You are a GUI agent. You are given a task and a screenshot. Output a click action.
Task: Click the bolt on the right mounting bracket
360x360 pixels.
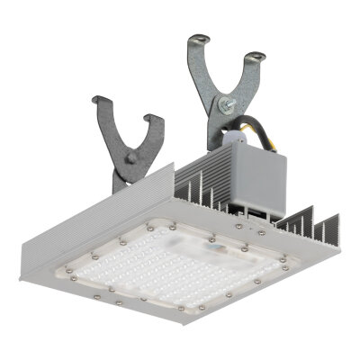click(x=221, y=106)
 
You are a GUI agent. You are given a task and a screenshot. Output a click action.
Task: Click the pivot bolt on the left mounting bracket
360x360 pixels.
click(x=130, y=157)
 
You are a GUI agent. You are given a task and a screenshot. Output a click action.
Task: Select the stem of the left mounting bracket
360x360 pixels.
click(x=127, y=175)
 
